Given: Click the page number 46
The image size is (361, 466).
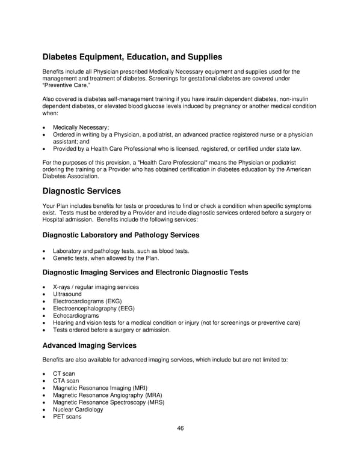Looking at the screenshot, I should (x=180, y=428).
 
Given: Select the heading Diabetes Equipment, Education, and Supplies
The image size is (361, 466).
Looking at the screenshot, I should (x=132, y=57).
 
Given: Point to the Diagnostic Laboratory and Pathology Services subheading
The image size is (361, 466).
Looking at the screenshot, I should (x=120, y=235).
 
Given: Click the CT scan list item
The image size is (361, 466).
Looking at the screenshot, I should (x=64, y=374).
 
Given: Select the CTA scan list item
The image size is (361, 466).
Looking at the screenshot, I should (x=66, y=381).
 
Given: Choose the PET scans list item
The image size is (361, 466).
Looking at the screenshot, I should (x=67, y=417).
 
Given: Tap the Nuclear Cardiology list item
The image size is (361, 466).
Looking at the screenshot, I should (x=78, y=410).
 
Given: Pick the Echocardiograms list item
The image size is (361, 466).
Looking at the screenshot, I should (x=76, y=316).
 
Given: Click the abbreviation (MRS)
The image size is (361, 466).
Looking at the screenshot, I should (x=153, y=402).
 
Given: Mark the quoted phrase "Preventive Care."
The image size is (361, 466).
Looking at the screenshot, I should (x=67, y=85).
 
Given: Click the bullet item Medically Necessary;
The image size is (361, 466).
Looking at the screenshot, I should (x=81, y=127).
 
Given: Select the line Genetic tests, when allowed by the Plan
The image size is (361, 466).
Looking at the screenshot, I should (x=106, y=258).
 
